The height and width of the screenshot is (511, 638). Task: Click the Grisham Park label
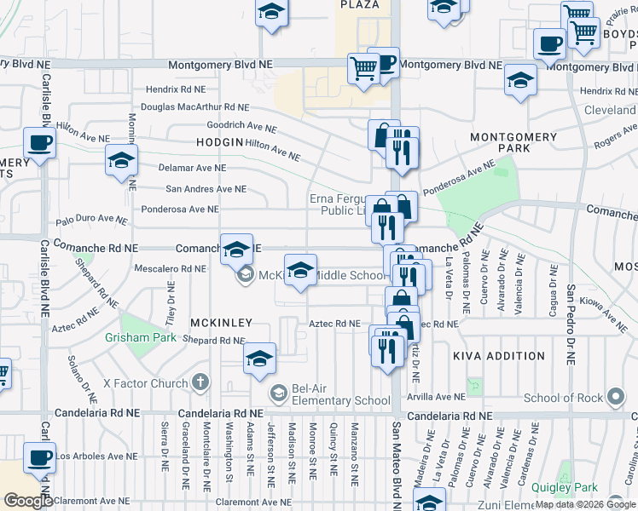134,338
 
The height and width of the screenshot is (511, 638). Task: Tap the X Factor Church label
145,383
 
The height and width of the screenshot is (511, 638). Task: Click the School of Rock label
564,398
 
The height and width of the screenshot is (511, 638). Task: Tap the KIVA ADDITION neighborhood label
499,356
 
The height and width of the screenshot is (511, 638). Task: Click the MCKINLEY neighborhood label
220,323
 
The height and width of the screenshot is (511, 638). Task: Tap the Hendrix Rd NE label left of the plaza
175,89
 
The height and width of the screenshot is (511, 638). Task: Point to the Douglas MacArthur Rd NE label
194,107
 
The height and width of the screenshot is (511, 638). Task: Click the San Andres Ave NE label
206,189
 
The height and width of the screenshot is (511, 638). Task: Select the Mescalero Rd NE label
171,268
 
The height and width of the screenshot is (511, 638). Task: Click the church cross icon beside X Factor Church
200,383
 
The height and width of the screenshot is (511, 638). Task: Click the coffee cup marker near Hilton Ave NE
39,142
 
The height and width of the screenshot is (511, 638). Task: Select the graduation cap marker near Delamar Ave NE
121,159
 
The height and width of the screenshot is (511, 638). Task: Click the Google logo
28,500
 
